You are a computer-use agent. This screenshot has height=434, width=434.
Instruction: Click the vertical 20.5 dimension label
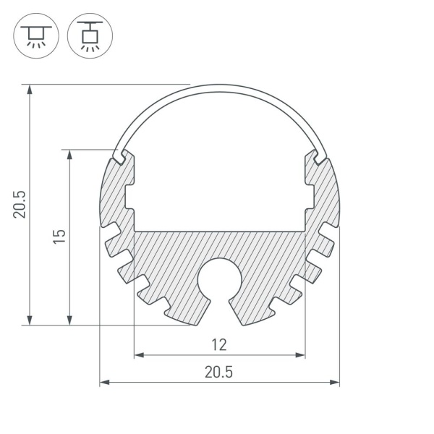[x=20, y=204]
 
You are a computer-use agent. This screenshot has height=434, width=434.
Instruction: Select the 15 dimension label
[x=59, y=237]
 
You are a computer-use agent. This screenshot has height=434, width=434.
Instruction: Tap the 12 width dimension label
[x=219, y=345]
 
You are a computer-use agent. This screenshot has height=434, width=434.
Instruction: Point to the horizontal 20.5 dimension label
[x=218, y=372]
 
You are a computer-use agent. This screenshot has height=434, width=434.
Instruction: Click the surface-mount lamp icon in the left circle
[x=36, y=36]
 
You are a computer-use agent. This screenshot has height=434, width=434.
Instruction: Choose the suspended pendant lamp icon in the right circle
[x=90, y=36]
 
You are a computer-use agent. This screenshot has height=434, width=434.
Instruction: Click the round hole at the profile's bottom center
[x=219, y=279]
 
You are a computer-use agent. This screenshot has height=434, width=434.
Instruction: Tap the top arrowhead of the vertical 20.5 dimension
[x=30, y=90]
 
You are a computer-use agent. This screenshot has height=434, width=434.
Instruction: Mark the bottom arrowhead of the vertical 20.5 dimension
[x=30, y=320]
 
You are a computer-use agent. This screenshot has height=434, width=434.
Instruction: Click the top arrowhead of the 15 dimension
[x=69, y=155]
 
